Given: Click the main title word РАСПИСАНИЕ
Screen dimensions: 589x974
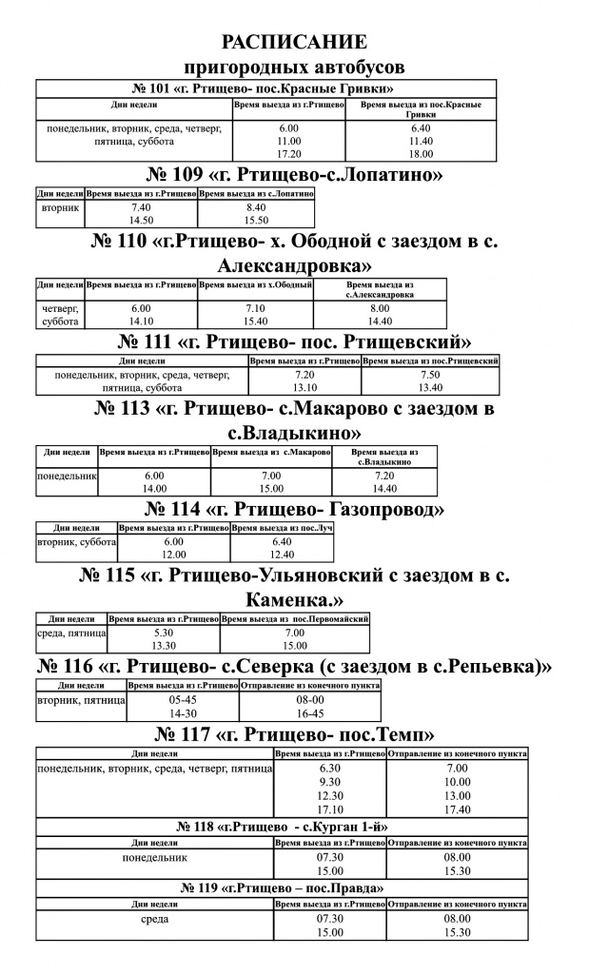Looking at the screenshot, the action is (295, 42).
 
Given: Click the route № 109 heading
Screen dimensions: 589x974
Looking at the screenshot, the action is (294, 175).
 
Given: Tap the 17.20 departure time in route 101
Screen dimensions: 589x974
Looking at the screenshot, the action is (289, 154).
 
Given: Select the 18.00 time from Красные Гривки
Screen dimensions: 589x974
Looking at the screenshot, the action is (421, 154).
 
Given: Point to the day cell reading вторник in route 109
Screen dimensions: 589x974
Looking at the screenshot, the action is (60, 207).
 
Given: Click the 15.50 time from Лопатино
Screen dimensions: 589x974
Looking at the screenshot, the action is (256, 221).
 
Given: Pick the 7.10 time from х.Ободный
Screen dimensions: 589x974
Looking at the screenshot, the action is (255, 308).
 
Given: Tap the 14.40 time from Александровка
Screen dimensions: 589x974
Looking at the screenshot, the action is (380, 321).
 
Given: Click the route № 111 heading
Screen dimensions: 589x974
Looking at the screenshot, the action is (295, 342).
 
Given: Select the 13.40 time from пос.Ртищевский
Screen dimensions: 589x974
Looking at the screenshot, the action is (430, 388).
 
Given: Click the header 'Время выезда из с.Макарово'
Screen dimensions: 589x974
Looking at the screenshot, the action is (271, 452).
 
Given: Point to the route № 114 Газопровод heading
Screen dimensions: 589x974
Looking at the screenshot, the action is (295, 510).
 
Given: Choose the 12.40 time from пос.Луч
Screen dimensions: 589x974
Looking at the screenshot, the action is (282, 555).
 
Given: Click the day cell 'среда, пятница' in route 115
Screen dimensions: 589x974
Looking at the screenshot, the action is (71, 633).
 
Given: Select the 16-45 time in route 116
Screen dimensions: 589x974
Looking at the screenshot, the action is (310, 713).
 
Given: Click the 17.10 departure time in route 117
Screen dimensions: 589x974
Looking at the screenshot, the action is (330, 809).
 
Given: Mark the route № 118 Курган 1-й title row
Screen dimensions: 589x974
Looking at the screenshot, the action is (282, 827).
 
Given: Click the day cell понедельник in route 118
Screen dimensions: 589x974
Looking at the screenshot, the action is (155, 858).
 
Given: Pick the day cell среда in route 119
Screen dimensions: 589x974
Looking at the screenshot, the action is (155, 919).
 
